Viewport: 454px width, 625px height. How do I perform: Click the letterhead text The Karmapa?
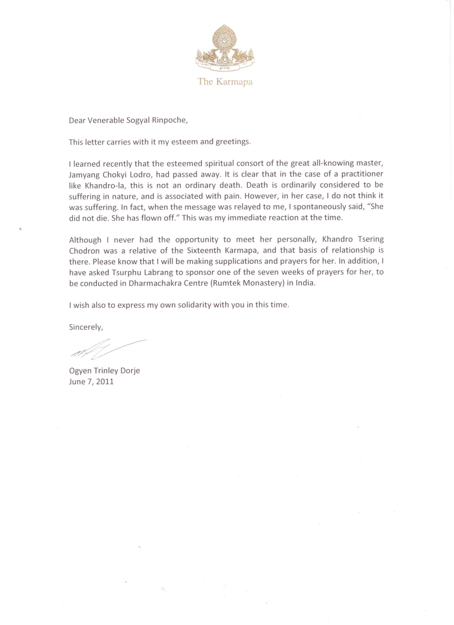225,82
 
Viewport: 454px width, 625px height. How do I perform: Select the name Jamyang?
83,175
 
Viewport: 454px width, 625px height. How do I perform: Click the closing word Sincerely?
86,327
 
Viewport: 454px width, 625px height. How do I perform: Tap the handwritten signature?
107,348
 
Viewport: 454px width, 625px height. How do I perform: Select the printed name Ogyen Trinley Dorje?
104,371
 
